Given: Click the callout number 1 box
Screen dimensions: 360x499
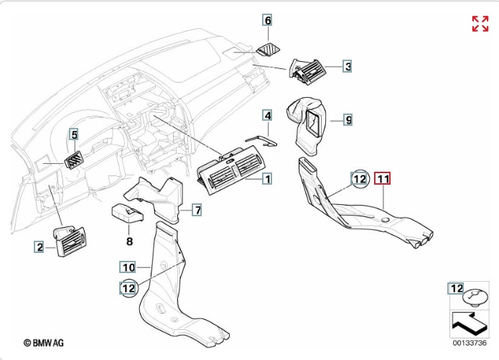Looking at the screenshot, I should [x=266, y=178].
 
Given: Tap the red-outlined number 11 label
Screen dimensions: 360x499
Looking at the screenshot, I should [x=383, y=177].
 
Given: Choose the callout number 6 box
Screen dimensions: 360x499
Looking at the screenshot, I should [x=268, y=20].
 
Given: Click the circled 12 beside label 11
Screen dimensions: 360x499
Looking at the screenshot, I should [x=359, y=177].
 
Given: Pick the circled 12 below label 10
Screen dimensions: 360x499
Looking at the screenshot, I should [x=129, y=288].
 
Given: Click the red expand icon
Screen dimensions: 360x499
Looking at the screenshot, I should [x=480, y=23].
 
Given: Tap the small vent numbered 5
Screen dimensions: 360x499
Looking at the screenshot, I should [x=74, y=158].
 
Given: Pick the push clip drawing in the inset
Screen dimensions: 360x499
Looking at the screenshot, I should [x=475, y=296].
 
